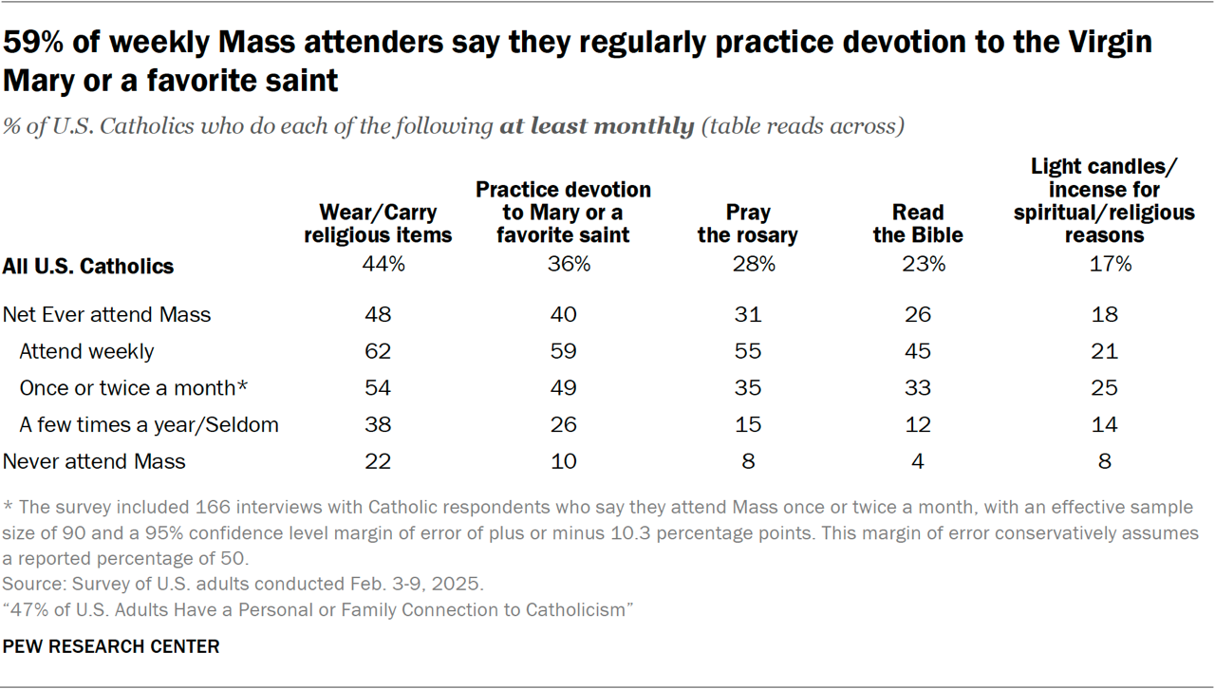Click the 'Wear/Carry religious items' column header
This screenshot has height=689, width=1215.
point(379,224)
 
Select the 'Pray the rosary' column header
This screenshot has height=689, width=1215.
point(747,224)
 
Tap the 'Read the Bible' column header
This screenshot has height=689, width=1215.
point(918,224)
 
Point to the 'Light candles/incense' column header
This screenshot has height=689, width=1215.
point(1104,201)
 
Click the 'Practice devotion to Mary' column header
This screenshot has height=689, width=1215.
point(563,213)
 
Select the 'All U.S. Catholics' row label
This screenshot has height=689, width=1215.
point(89,266)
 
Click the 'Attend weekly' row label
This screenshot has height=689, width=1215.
point(86,351)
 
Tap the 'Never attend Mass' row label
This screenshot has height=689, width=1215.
point(95,461)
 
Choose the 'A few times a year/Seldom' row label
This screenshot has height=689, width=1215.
point(149,424)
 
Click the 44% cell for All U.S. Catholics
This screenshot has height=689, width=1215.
point(379,266)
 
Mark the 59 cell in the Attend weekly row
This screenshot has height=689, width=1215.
point(563,351)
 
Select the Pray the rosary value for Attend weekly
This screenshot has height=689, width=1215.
point(747,351)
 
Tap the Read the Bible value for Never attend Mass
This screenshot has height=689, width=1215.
point(918,461)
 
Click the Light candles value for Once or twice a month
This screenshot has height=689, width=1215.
point(1104,388)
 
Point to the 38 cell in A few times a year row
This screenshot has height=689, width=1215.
point(379,424)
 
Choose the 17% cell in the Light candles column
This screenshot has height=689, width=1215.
point(1104,266)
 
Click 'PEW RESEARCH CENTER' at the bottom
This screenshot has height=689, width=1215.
point(111,646)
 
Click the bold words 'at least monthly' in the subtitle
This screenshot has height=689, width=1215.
point(597,126)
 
